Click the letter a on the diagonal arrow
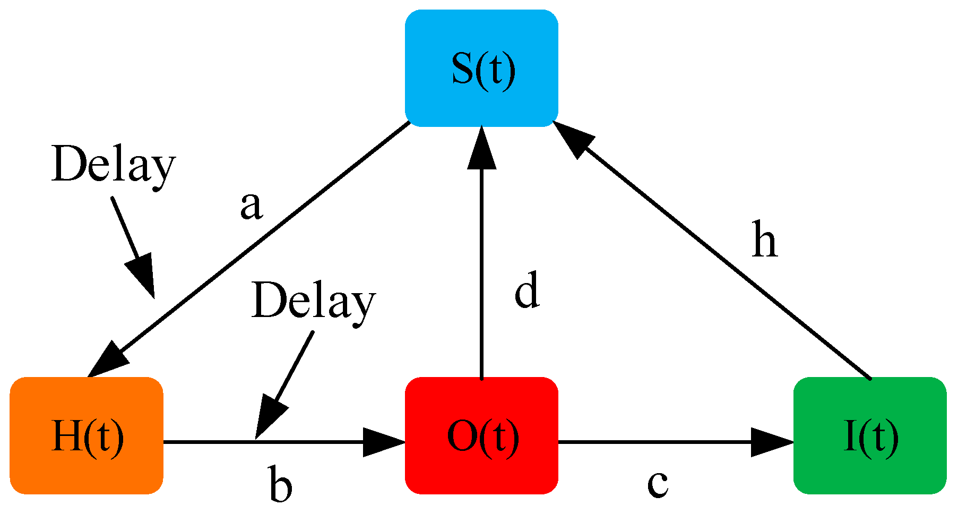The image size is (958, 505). point(251,207)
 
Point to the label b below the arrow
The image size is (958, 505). point(280,484)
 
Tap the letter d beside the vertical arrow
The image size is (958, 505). point(527,290)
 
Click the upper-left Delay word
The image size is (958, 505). point(113,165)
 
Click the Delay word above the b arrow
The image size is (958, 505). point(313,301)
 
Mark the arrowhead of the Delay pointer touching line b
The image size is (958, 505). point(270,420)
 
